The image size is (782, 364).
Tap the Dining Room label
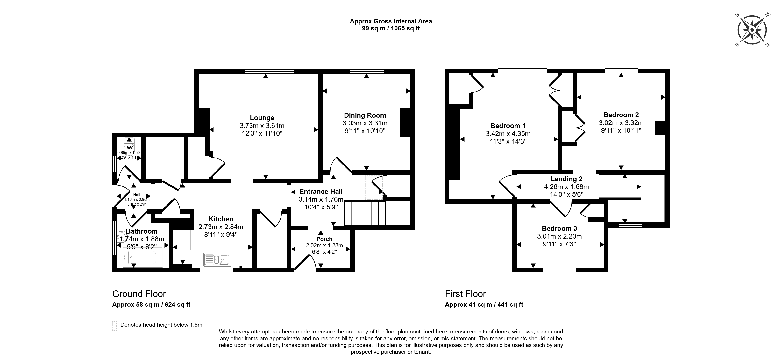click(365, 115)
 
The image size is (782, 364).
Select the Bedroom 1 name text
click(508, 126)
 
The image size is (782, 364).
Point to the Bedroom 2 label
click(621, 115)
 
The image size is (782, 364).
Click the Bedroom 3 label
click(559, 228)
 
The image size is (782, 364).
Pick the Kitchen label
click(221, 219)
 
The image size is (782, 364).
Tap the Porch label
click(324, 239)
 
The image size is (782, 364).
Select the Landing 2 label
click(566, 179)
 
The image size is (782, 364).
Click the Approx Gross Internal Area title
click(391, 21)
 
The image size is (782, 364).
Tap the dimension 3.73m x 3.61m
click(262, 126)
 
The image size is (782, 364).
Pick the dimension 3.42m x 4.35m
click(508, 133)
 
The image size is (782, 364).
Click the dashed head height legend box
click(114, 325)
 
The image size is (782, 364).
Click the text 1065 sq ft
click(405, 29)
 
